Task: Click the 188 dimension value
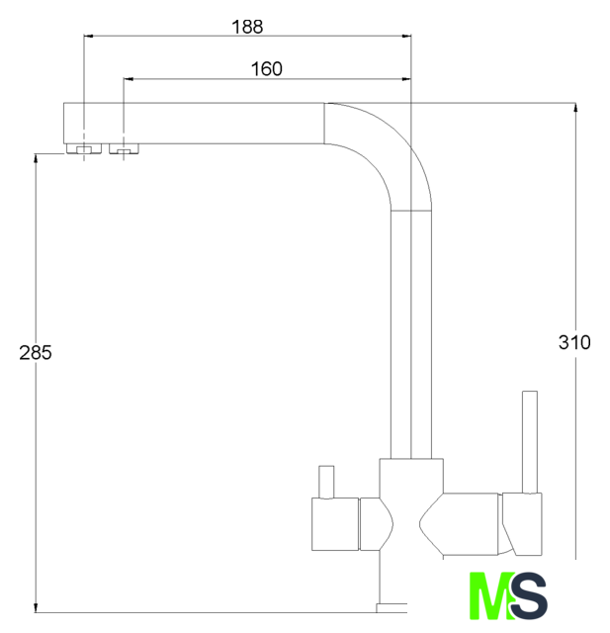click(x=247, y=27)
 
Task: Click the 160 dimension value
click(x=267, y=69)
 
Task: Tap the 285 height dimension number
click(x=36, y=353)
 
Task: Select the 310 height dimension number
click(x=574, y=343)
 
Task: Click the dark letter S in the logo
click(x=528, y=595)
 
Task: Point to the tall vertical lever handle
click(x=530, y=442)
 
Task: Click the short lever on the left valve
click(x=326, y=482)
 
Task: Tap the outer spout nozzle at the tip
click(x=84, y=149)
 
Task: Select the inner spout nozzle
click(x=125, y=149)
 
